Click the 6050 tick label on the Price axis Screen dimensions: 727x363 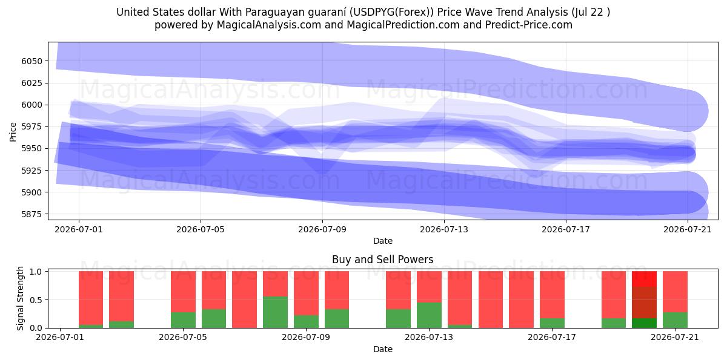tap(32, 61)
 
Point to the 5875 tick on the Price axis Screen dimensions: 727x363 tap(32, 214)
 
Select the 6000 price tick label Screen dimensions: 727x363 tap(32, 105)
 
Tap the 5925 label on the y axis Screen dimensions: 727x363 tap(32, 171)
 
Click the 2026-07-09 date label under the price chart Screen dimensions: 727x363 tap(322, 229)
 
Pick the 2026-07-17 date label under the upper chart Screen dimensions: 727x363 tap(566, 229)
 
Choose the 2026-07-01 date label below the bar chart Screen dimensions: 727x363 tap(60, 338)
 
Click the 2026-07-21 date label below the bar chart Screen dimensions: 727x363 tap(675, 338)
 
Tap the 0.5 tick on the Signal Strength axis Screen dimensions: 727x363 tap(36, 300)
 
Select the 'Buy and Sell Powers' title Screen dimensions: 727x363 tap(383, 260)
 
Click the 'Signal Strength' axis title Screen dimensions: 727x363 tap(20, 298)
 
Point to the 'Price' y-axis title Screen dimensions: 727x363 tap(13, 132)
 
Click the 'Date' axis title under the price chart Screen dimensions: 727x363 tap(383, 241)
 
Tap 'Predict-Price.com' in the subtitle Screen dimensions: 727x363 tap(529, 25)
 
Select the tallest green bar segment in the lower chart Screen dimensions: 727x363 tap(275, 312)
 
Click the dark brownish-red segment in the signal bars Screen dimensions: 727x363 tap(644, 302)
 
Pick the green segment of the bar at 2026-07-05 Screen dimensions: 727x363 tap(184, 320)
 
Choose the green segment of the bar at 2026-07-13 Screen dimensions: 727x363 tap(429, 315)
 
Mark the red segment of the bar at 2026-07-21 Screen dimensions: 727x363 tap(675, 292)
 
